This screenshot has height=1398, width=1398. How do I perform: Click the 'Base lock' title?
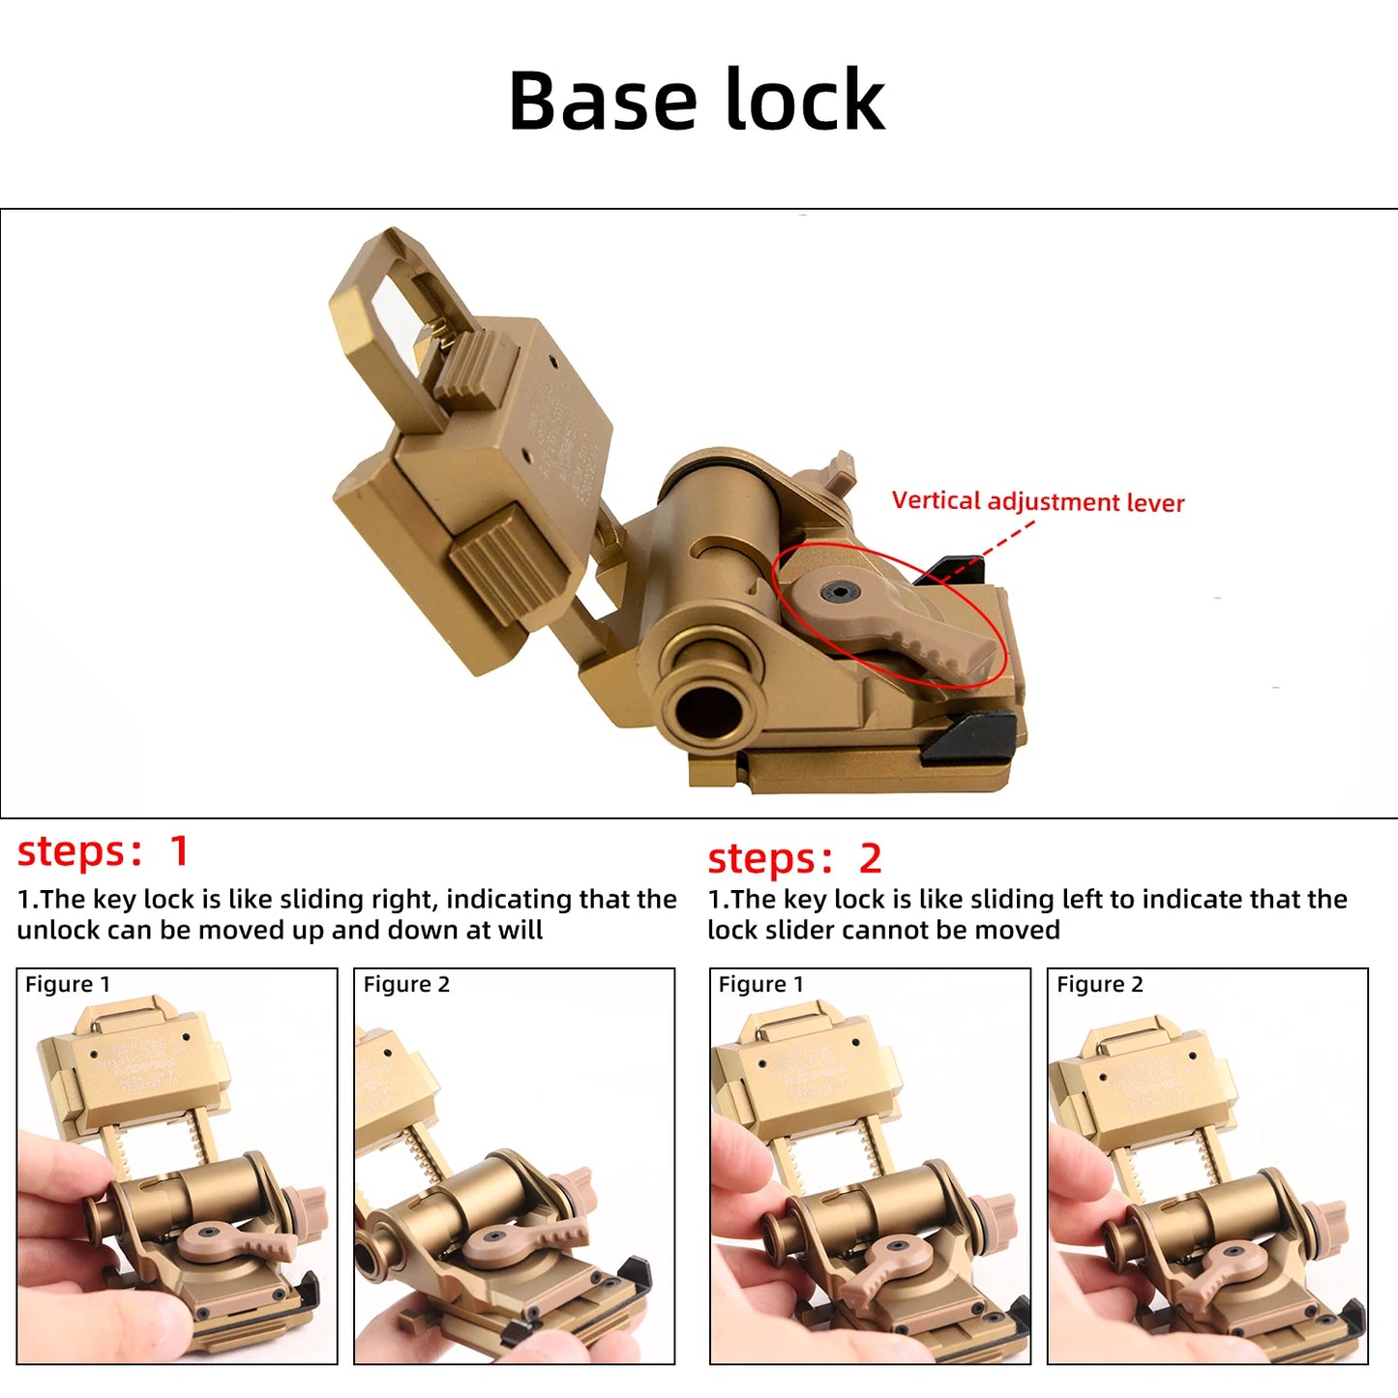[x=697, y=101]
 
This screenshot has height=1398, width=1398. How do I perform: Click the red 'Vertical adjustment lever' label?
[x=1037, y=501]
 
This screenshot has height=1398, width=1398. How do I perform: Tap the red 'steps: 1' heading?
[x=103, y=851]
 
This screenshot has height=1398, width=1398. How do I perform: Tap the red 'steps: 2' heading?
[x=794, y=858]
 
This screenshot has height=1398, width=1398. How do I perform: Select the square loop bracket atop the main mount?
[x=387, y=319]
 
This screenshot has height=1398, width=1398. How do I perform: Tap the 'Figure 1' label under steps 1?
[x=68, y=984]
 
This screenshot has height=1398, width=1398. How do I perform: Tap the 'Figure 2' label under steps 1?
[x=406, y=984]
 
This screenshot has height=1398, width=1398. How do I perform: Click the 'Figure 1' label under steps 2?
[x=760, y=984]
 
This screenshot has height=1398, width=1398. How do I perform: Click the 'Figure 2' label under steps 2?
[x=1099, y=984]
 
